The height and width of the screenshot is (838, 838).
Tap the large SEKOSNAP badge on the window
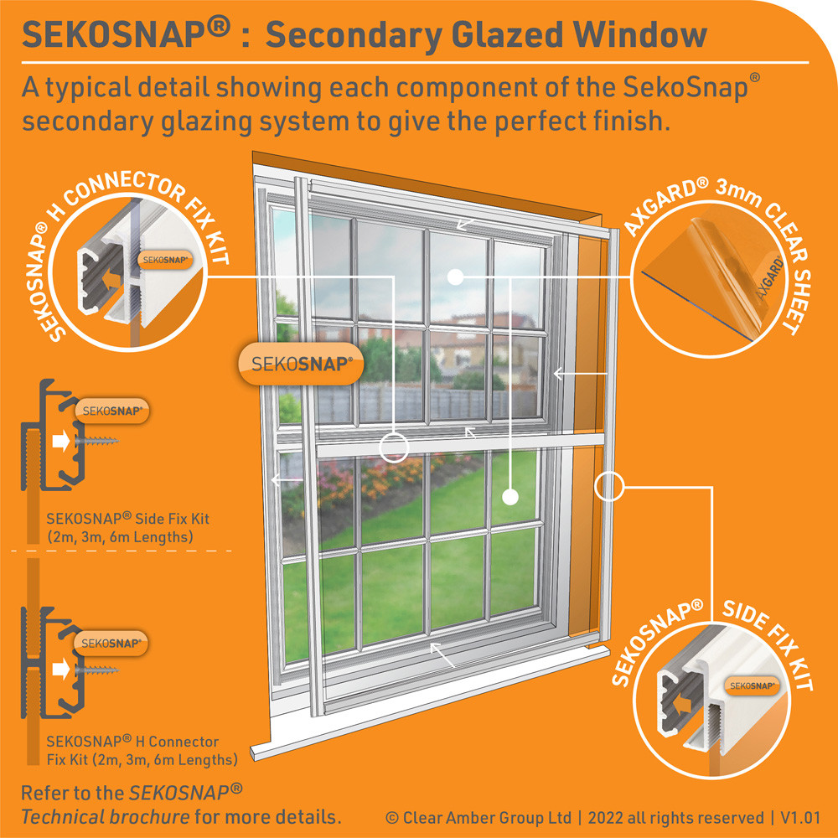coord(301,364)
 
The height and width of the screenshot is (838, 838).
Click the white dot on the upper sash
coord(455,277)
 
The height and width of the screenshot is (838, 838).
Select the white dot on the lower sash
coord(510,497)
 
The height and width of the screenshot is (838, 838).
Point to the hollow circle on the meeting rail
coord(394,447)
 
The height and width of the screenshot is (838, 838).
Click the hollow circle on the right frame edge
coord(609,486)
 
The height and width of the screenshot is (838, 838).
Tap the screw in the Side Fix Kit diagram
coord(96,441)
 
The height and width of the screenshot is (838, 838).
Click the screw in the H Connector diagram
coord(96,669)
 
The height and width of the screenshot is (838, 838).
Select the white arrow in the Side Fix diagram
coord(61,442)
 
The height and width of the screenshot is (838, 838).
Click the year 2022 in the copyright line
coord(606,818)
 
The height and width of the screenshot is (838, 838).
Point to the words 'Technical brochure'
coord(106,816)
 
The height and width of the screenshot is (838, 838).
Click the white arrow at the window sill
coord(442,655)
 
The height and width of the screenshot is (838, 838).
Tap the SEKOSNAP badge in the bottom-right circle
coord(752,685)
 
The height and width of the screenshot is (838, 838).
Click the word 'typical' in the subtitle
coord(88,88)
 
